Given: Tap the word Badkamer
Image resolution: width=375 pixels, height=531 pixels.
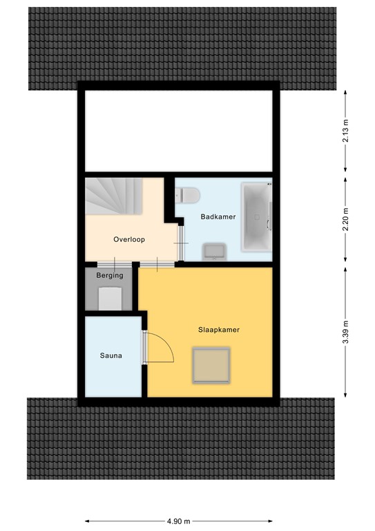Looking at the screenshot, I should point(218,216).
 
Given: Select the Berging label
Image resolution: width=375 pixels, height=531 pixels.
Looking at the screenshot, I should point(110,275).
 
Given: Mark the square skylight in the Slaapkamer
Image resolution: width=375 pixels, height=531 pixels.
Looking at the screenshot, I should point(211,366).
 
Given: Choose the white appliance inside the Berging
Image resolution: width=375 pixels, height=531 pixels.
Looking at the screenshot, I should point(110,298).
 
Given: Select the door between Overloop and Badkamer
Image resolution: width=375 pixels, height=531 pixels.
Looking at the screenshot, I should point(180,243).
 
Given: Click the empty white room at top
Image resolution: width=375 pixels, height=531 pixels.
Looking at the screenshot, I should point(179,129).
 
